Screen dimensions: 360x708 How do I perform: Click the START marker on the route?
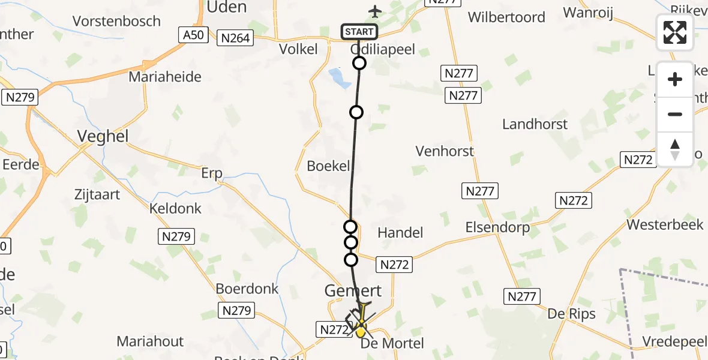pyautogui.click(x=359, y=32)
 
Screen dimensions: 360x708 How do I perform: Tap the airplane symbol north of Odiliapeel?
pyautogui.click(x=375, y=11)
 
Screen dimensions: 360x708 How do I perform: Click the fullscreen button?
pyautogui.click(x=675, y=32)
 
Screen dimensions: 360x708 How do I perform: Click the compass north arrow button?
pyautogui.click(x=675, y=149)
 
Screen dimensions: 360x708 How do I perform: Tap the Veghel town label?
pyautogui.click(x=103, y=137)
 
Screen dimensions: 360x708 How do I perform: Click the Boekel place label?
pyautogui.click(x=328, y=166)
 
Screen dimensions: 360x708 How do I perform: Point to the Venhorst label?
pyautogui.click(x=445, y=151)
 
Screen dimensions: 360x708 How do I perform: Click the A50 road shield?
pyautogui.click(x=193, y=35)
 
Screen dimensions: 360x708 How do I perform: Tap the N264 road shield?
pyautogui.click(x=235, y=39)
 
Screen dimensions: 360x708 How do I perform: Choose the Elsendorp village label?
pyautogui.click(x=497, y=227)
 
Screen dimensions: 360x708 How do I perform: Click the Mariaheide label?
pyautogui.click(x=165, y=77)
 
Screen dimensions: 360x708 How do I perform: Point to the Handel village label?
pyautogui.click(x=400, y=232)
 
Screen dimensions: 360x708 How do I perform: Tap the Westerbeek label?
pyautogui.click(x=664, y=225)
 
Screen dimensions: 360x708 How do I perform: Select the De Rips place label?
pyautogui.click(x=571, y=314)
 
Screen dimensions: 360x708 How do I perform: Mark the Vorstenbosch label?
pyautogui.click(x=116, y=21)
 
